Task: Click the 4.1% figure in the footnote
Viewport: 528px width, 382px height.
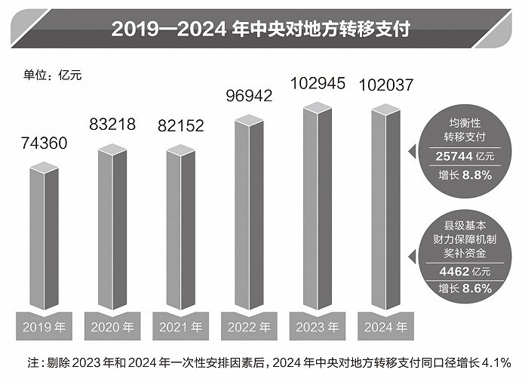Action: click(494, 363)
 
